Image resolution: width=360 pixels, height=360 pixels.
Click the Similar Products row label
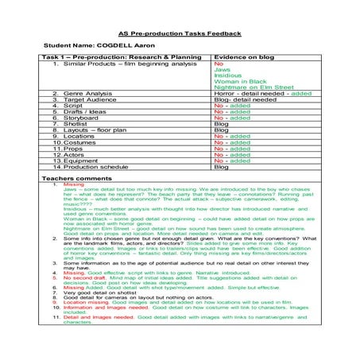121,64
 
